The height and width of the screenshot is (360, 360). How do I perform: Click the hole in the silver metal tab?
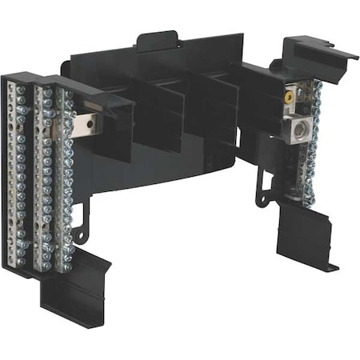tap(89, 125)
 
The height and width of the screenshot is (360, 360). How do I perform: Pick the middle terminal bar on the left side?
tap(45, 180)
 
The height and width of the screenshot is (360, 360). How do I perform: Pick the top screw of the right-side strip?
tap(312, 86)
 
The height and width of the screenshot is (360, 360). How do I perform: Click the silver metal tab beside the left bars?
tap(87, 124)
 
